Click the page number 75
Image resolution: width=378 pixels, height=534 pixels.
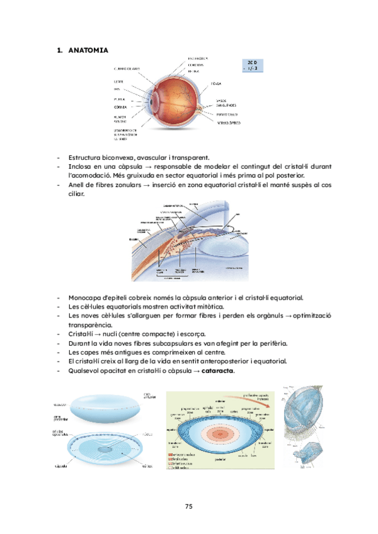point(188,506)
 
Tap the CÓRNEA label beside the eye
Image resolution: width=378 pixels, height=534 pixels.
point(120,108)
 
